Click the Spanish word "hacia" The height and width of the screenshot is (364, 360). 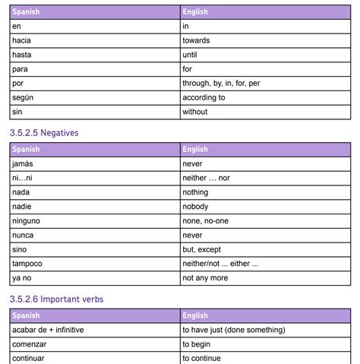click(x=23, y=40)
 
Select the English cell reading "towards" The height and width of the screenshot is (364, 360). click(x=196, y=40)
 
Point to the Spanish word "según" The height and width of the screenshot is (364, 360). click(x=24, y=97)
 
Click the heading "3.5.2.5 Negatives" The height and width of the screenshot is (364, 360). click(x=44, y=132)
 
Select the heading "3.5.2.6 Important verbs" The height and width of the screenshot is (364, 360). click(x=57, y=299)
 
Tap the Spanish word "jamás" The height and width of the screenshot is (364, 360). click(x=24, y=163)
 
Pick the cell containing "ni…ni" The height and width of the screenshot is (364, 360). click(x=23, y=178)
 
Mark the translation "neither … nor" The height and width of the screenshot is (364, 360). click(x=207, y=178)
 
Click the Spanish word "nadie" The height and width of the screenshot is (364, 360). click(x=23, y=206)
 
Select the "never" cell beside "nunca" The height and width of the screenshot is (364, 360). click(x=192, y=235)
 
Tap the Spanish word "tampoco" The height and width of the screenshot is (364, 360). click(x=27, y=264)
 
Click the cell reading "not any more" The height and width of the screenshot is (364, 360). click(x=204, y=278)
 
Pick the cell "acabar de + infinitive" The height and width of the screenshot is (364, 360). click(x=47, y=330)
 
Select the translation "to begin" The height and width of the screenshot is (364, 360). click(x=197, y=344)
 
